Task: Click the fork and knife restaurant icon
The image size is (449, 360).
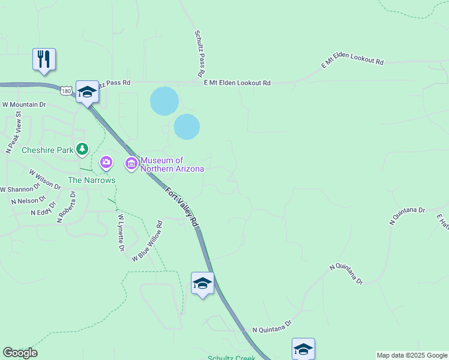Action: (x=44, y=59)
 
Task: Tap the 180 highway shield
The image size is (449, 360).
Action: (x=65, y=90)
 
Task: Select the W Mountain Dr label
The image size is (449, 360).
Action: (x=24, y=104)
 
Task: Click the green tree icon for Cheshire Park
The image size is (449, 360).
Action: (x=82, y=148)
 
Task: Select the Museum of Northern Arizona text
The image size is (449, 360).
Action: (x=172, y=164)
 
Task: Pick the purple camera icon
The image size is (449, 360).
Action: (x=106, y=162)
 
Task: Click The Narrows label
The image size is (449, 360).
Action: (x=91, y=180)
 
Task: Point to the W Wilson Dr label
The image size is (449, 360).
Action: (x=45, y=179)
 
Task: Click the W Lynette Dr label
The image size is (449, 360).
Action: (x=121, y=232)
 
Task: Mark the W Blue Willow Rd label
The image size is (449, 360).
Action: (x=147, y=241)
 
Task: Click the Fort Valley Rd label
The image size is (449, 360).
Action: (x=182, y=206)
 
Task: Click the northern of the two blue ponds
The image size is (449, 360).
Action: (x=164, y=101)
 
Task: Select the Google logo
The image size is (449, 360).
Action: (x=20, y=353)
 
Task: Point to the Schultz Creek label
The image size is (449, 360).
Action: (x=232, y=358)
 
